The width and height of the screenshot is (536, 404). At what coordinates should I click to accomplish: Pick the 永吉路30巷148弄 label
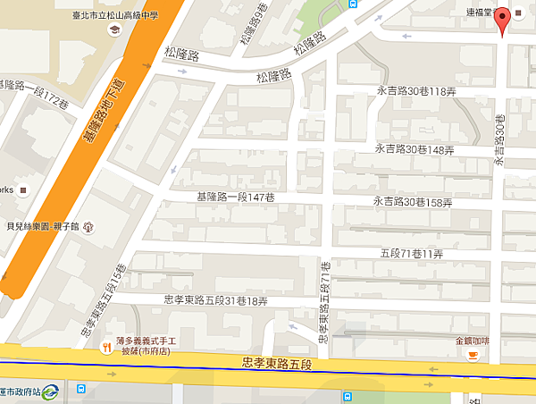414,148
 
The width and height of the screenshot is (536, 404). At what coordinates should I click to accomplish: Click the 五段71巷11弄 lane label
411,255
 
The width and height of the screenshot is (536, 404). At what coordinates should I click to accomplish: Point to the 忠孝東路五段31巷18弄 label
216,301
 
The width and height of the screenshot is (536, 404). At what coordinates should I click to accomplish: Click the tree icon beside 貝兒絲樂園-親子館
88,228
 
